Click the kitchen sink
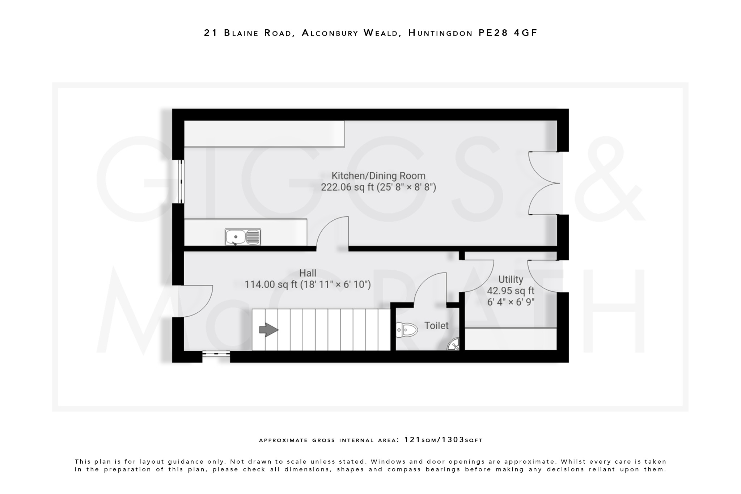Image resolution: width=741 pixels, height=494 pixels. click(x=242, y=237)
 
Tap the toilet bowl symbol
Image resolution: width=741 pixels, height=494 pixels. click(x=407, y=330)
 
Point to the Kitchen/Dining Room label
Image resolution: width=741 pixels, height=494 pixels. click(x=378, y=176)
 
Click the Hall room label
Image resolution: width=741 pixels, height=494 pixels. click(x=308, y=273)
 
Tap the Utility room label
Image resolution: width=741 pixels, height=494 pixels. click(x=511, y=279)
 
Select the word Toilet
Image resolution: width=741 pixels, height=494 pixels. click(x=436, y=326)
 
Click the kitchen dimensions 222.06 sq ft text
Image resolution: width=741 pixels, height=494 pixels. click(x=378, y=187)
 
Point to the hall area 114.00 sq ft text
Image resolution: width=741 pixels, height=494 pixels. click(x=308, y=284)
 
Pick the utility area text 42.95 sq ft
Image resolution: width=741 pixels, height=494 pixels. click(x=511, y=291)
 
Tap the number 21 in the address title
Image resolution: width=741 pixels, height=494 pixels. click(x=211, y=33)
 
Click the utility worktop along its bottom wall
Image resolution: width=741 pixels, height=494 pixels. click(x=510, y=339)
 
